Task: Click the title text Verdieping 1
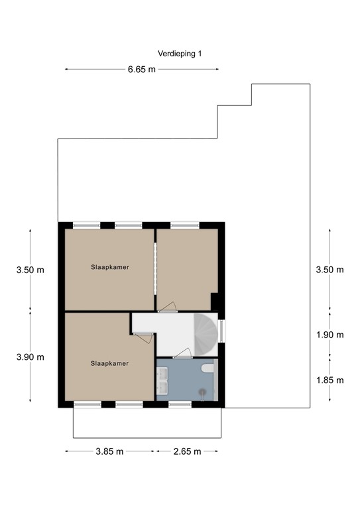[x=180, y=54]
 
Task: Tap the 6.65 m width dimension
[x=142, y=69]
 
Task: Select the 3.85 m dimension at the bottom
[x=110, y=452]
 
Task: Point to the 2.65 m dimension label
[x=186, y=452]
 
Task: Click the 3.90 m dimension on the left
[x=30, y=357]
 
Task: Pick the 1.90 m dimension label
[x=330, y=335]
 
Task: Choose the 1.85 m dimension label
[x=330, y=380]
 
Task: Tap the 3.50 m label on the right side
[x=330, y=269]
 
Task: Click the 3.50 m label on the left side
[x=30, y=270]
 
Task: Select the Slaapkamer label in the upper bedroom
[x=109, y=267]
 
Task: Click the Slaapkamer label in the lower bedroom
[x=109, y=363]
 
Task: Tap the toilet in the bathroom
[x=208, y=367]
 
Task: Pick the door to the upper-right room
[x=167, y=307]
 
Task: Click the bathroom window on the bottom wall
[x=180, y=404]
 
